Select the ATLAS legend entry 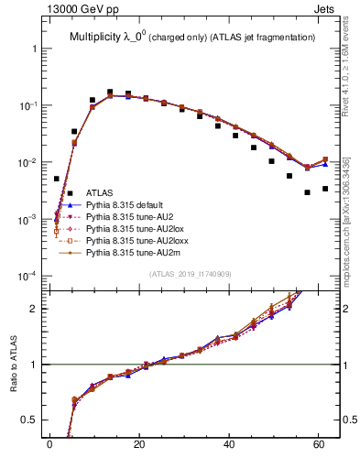point(99,193)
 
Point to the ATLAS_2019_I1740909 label point(191,275)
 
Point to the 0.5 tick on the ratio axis point(30,420)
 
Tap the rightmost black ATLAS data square point(325,189)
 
